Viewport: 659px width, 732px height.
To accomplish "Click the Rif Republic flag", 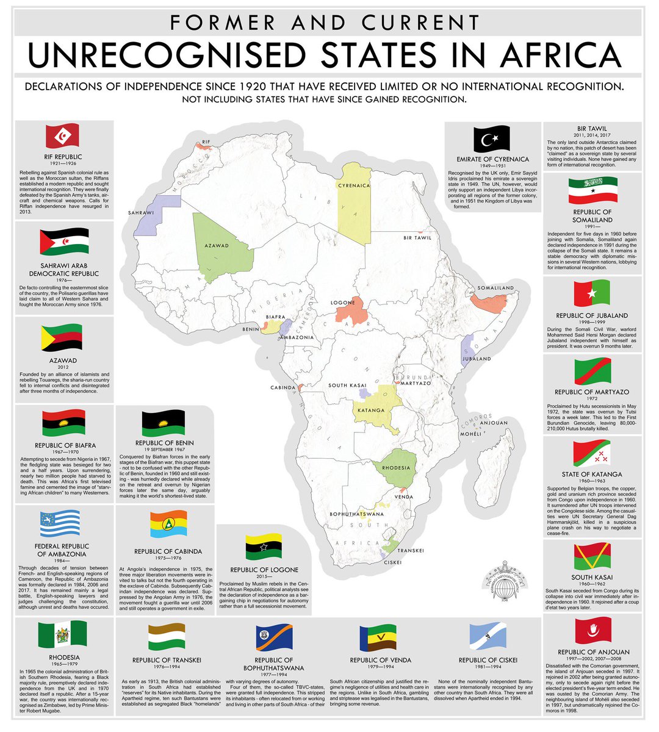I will coord(63,135).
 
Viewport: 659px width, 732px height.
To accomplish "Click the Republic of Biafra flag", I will coord(64,423).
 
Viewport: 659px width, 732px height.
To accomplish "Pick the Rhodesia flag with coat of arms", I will coord(62,634).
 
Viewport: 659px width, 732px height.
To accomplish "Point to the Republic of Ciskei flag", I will coord(488,637).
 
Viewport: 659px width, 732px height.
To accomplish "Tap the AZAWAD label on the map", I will coord(217,245).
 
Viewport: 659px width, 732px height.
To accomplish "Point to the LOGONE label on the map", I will coord(343,303).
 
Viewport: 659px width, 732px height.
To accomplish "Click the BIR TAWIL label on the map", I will coord(417,239).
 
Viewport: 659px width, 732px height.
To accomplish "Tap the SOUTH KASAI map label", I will coord(347,386).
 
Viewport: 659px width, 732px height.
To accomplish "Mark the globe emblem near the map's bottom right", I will coord(503,586).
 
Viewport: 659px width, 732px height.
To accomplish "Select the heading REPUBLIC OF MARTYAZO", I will coord(592,392).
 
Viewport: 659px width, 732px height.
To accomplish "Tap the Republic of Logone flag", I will coord(264,547).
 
